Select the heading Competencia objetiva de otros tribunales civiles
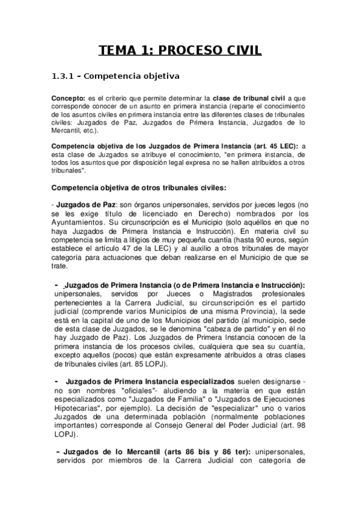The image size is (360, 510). click(x=139, y=186)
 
